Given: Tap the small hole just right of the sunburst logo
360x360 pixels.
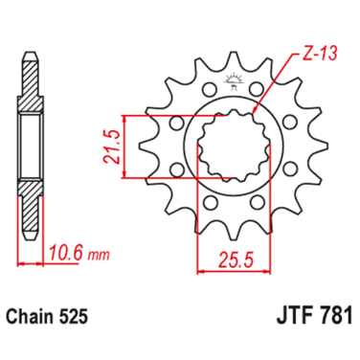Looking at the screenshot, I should coord(257,90).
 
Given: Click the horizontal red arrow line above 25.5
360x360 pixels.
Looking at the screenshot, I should coord(230,271).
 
